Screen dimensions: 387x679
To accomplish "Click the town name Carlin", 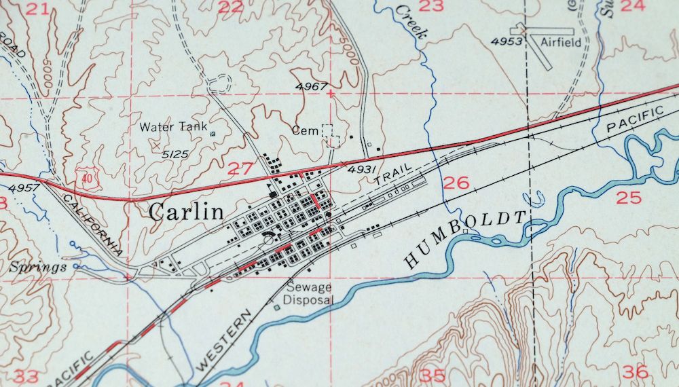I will coord(186,212).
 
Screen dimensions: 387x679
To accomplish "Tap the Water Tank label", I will coord(172,127).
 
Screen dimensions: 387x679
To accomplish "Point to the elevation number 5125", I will coord(175,154).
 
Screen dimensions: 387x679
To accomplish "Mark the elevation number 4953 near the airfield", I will coord(507,41).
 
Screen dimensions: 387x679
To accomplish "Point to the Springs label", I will coord(38,267).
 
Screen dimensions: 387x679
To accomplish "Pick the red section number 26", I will coord(456,182).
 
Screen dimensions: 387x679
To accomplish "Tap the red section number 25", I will coord(629,198).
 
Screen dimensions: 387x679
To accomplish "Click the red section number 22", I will coord(230,7).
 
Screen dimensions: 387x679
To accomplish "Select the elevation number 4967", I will coord(312,86).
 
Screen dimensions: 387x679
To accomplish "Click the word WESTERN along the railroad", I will coord(223,340).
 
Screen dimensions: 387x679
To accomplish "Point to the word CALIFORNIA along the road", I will coord(92,222).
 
